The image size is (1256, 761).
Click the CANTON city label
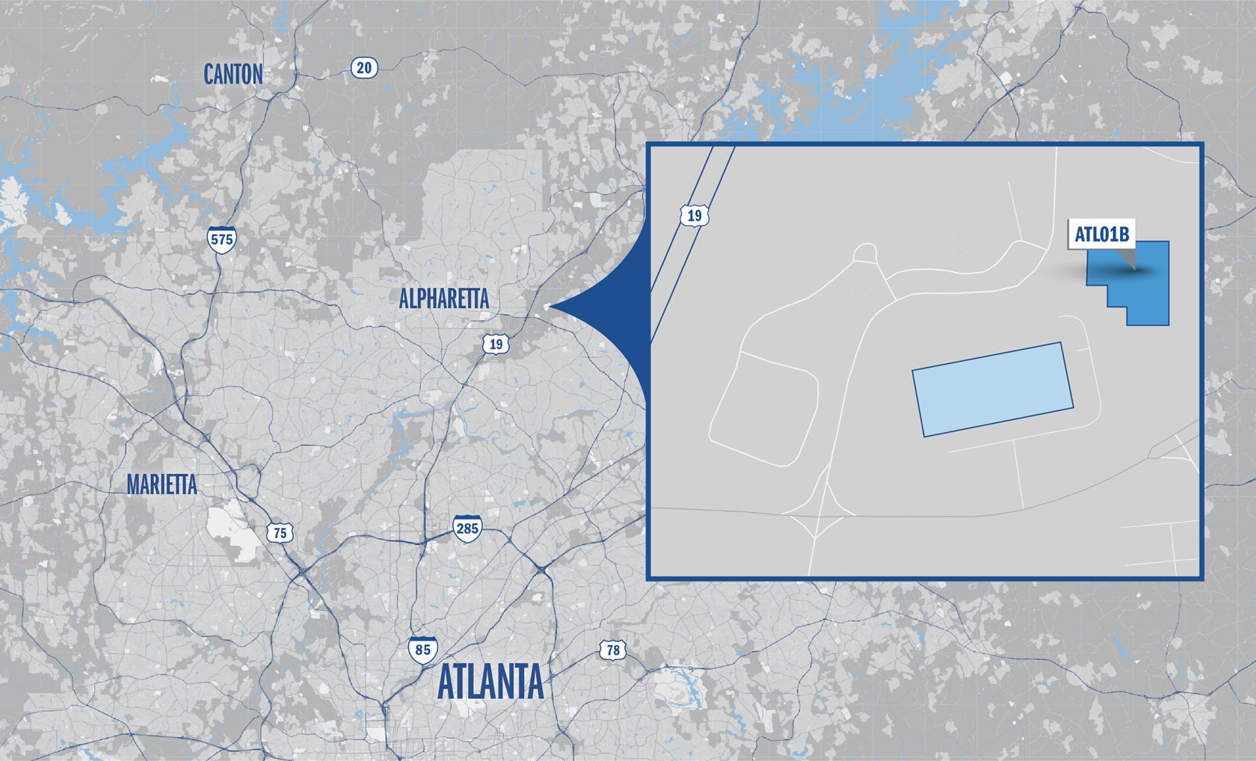[233, 74]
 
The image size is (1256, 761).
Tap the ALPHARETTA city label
[443, 299]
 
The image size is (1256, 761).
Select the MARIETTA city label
[161, 484]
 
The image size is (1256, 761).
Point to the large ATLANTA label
[490, 682]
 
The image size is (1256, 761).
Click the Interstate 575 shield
[222, 238]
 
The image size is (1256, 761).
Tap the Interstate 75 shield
[280, 532]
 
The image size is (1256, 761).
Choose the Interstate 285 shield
[467, 528]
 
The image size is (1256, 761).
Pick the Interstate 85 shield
[422, 649]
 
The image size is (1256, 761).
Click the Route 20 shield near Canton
[363, 68]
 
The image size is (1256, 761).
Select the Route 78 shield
[612, 650]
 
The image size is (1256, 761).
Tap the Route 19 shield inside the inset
[695, 216]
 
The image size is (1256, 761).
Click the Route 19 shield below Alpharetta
[495, 344]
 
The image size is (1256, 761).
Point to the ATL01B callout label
[1101, 234]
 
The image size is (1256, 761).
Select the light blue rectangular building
[993, 389]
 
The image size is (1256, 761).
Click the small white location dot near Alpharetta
[547, 306]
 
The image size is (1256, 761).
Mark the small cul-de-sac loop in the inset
[866, 254]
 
